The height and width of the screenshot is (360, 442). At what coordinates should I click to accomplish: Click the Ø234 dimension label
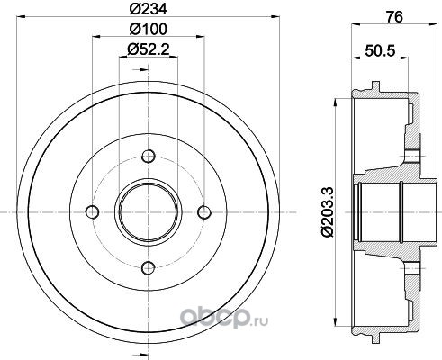pos(148,9)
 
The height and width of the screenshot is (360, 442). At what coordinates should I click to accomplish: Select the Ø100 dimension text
pos(148,29)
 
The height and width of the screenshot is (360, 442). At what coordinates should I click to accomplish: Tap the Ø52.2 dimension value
pos(148,49)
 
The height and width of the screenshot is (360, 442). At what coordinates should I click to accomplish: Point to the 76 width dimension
pos(394,17)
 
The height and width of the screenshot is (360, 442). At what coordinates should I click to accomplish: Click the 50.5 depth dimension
pos(379,50)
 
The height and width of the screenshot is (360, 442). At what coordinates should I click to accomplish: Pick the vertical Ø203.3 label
pos(327,211)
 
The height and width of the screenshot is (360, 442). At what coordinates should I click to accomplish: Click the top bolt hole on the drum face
pos(149,157)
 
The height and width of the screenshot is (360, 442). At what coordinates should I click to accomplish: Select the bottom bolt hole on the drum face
pos(149,268)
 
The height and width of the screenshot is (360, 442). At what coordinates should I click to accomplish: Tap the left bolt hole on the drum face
pos(93,212)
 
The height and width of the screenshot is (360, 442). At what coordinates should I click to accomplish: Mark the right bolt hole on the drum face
pos(204,212)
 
